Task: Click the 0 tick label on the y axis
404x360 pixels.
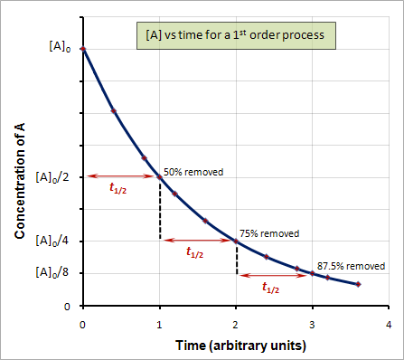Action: click(x=67, y=306)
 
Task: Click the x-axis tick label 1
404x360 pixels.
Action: click(x=160, y=324)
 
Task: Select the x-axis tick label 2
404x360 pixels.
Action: click(x=236, y=324)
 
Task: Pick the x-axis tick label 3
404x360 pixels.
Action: click(x=313, y=324)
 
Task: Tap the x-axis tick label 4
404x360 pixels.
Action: click(x=389, y=324)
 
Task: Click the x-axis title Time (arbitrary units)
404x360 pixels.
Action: click(x=235, y=346)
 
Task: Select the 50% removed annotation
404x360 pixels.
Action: click(x=193, y=171)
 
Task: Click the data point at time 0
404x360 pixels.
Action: click(x=83, y=49)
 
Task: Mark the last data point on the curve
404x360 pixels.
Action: click(x=359, y=284)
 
